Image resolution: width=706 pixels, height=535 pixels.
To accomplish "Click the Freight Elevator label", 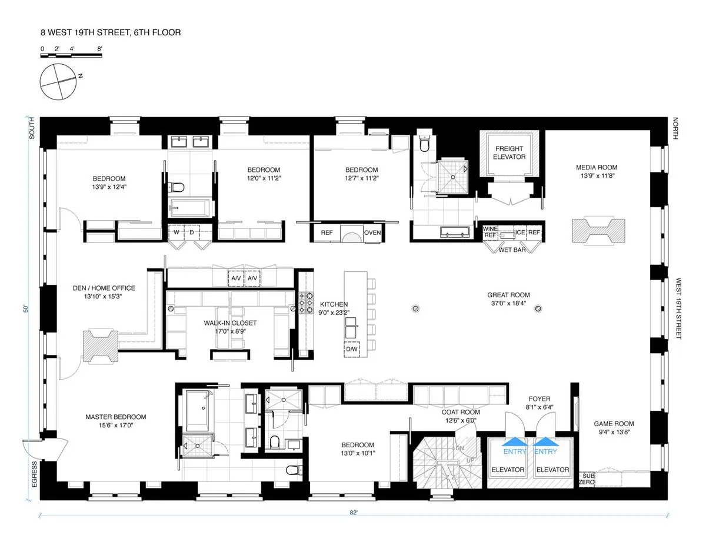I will coord(509,152).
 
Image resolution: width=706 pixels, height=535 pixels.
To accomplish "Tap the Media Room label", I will coord(597,168).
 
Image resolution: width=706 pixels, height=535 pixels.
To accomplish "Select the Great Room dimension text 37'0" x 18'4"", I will coord(508,304).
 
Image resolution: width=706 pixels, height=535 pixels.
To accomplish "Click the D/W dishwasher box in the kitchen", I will coord(352,349).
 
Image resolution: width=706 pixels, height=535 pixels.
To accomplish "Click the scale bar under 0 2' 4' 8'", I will coord(71,56).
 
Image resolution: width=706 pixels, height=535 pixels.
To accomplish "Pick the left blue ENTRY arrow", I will coord(515,441).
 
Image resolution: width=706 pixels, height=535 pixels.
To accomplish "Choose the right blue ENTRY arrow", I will coord(545,441).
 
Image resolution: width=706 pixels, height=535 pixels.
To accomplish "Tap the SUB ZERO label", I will coord(588,478).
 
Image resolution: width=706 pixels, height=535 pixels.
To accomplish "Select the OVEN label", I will coord(372,232).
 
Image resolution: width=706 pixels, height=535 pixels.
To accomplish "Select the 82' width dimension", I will coord(354,513).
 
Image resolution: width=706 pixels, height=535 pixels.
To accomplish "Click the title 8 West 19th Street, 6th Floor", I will coord(111,33).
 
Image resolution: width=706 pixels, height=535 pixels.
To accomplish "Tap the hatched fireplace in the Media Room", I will coord(598,231).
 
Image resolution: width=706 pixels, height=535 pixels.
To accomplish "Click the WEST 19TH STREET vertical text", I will coord(678,308).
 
